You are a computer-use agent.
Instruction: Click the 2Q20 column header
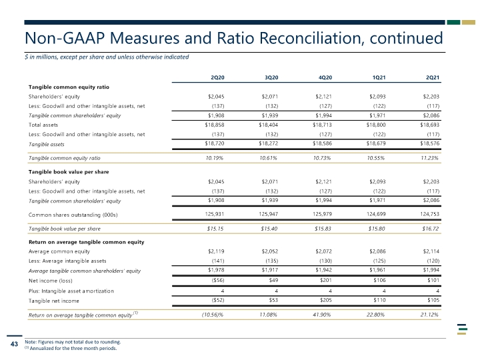[217, 77]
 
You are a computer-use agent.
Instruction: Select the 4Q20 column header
[325, 77]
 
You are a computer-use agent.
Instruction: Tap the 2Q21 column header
[433, 77]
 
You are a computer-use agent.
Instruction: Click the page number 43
[14, 344]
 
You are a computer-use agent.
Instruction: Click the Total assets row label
[43, 125]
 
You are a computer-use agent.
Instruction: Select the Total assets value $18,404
[269, 125]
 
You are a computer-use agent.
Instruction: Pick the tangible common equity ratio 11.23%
[429, 158]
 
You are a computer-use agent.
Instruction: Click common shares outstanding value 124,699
[376, 214]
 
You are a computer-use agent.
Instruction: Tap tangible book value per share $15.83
[323, 229]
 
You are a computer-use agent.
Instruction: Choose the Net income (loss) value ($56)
[218, 280]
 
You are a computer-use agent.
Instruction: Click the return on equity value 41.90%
[322, 315]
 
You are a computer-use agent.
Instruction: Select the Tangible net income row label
[54, 301]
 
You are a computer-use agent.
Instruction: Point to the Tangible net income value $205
[326, 300]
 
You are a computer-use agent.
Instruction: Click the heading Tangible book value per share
[69, 172]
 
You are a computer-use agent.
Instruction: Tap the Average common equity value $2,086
[377, 251]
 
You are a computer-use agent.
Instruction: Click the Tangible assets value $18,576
[430, 143]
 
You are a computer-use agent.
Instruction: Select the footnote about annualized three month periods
[71, 348]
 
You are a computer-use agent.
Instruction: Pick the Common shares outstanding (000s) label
[73, 215]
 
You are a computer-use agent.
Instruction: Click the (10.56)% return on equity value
[213, 315]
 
